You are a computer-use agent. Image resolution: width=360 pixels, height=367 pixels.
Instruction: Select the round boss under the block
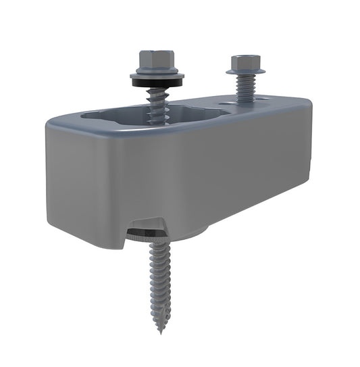click(x=192, y=234)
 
